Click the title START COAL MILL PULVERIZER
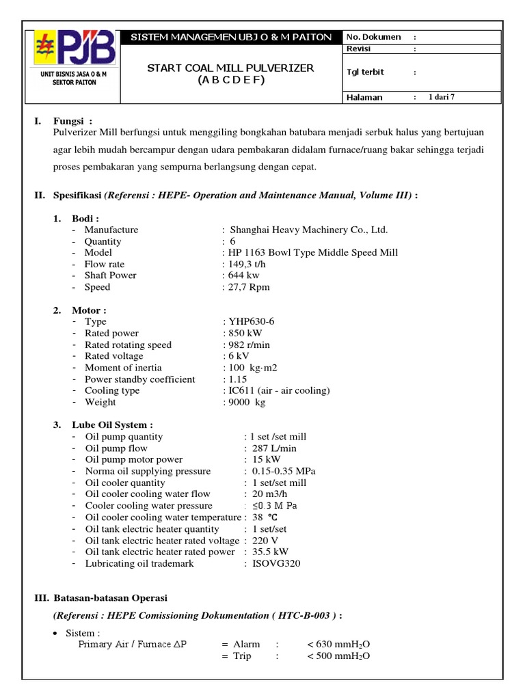[232, 68]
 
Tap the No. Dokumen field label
[373, 37]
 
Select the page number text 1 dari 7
[441, 97]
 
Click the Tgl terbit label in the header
[365, 72]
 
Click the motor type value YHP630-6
[251, 321]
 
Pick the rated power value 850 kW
[245, 333]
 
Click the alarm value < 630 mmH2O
[338, 644]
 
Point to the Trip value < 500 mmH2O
[338, 656]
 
